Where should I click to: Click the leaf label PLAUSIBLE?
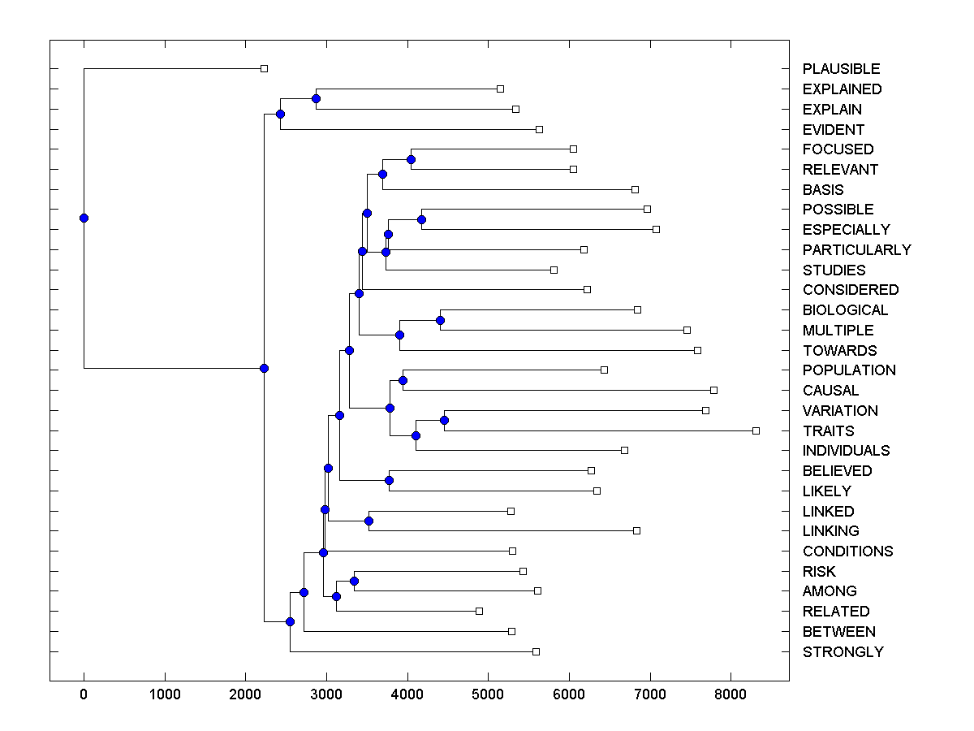pos(841,69)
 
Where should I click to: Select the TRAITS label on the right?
pos(828,430)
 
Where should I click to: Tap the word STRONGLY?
pos(843,651)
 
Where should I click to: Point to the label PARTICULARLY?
pos(856,249)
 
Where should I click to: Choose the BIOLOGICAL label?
pos(845,309)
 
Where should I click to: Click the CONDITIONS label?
pos(847,551)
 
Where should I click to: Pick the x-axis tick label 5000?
pos(488,694)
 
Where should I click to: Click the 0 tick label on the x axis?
pos(84,694)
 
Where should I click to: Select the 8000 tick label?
pos(730,694)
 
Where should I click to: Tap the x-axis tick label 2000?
pos(245,694)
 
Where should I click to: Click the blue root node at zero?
pos(84,218)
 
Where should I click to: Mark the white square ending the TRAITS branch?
pos(756,430)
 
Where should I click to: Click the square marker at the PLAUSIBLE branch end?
pos(264,69)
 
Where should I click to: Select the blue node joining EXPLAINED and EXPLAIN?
pos(316,98)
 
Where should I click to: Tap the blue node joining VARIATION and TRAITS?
pos(444,420)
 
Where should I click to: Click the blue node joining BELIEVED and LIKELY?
pos(389,480)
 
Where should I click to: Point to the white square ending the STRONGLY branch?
pos(536,651)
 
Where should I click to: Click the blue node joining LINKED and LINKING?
pos(368,521)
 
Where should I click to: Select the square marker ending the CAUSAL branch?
pos(713,390)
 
